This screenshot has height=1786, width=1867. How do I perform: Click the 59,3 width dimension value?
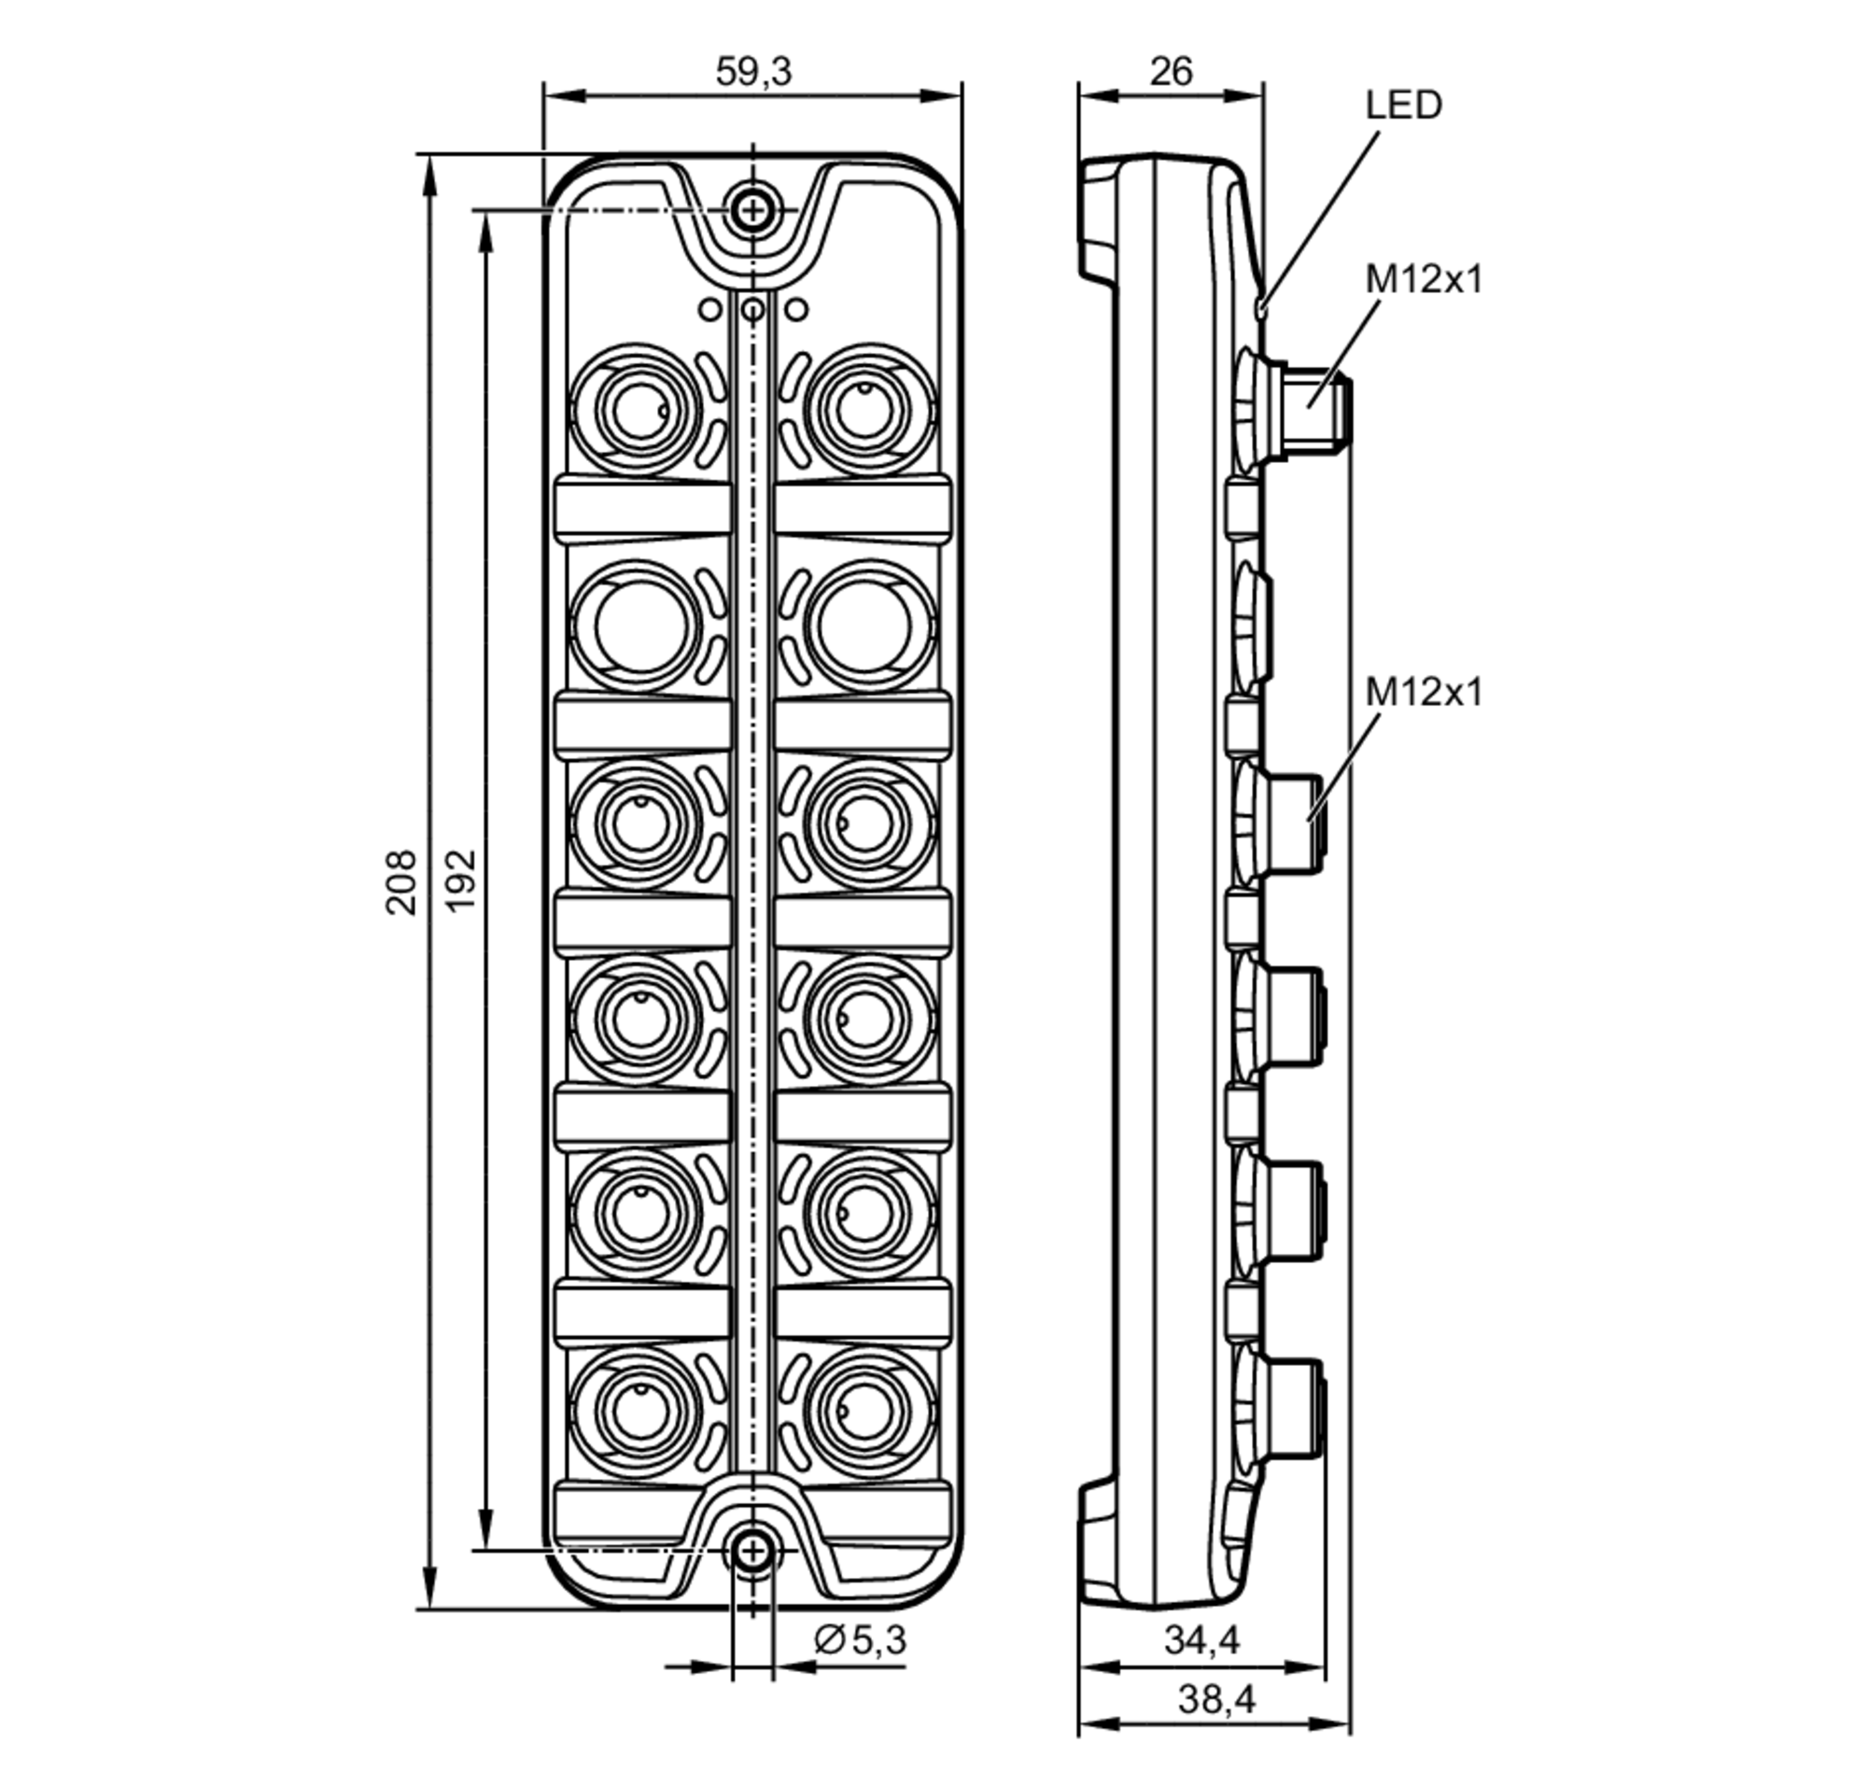[x=753, y=71]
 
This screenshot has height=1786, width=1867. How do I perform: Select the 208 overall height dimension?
[x=400, y=882]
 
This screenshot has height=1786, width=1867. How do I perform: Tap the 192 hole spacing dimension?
[x=460, y=879]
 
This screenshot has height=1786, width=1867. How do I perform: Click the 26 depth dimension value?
[x=1170, y=71]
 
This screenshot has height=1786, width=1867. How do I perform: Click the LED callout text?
[x=1403, y=105]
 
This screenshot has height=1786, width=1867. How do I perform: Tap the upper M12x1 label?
[x=1425, y=280]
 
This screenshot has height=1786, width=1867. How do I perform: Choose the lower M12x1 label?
[x=1425, y=692]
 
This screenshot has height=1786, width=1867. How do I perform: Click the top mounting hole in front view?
[x=753, y=210]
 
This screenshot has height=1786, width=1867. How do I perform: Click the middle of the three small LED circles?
[x=753, y=309]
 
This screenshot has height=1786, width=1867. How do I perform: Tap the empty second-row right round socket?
[x=864, y=626]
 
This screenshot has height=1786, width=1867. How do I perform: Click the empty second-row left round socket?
[x=641, y=626]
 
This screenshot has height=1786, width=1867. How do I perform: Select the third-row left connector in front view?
[x=641, y=823]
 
